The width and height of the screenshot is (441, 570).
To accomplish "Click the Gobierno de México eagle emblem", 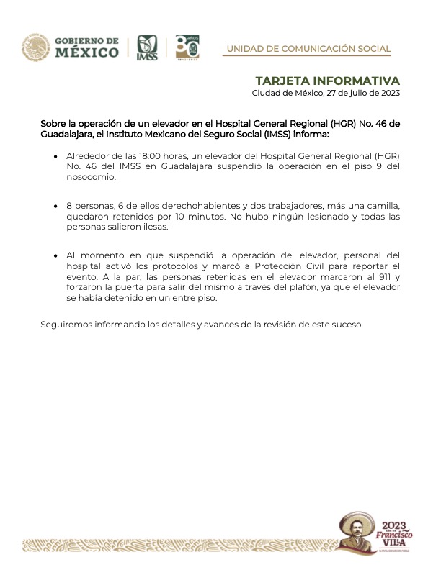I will pyautogui.click(x=35, y=47).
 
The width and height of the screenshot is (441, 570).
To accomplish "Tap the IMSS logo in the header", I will pyautogui.click(x=146, y=47).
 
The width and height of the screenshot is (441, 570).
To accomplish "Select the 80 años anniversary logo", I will pyautogui.click(x=187, y=47).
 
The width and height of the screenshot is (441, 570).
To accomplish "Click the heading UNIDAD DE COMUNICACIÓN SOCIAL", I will pyautogui.click(x=308, y=49).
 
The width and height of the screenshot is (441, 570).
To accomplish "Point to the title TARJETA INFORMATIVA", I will pyautogui.click(x=328, y=80).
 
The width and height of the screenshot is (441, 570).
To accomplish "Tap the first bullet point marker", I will pyautogui.click(x=56, y=156).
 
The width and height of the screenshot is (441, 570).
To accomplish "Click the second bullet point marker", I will pyautogui.click(x=56, y=207).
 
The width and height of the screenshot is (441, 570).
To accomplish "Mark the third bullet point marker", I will pyautogui.click(x=56, y=256).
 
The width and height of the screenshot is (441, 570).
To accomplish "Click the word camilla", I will pyautogui.click(x=379, y=206).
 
